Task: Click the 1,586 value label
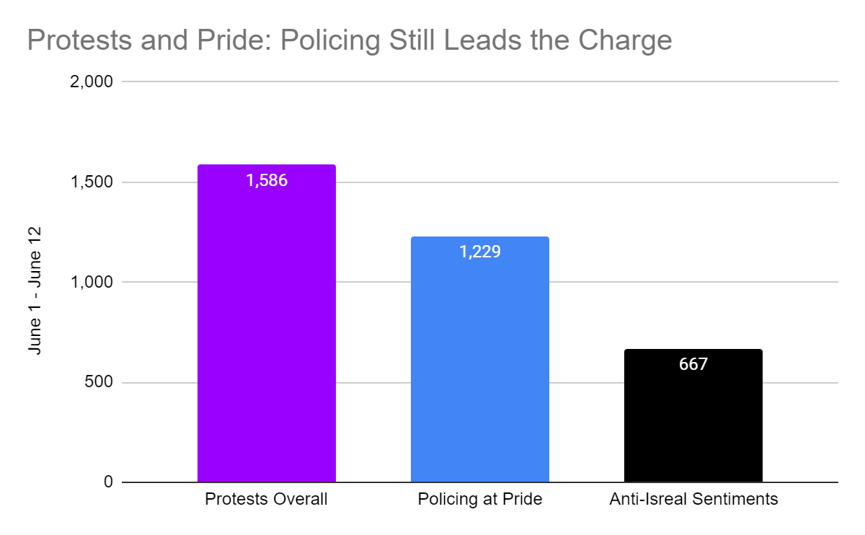tap(267, 180)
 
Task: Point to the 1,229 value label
tap(479, 252)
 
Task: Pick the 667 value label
tap(693, 364)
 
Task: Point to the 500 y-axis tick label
tap(99, 383)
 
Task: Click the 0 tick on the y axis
tap(108, 482)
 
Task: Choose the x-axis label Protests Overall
tap(266, 500)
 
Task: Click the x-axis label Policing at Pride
tap(479, 500)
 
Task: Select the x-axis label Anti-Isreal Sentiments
tap(693, 500)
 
